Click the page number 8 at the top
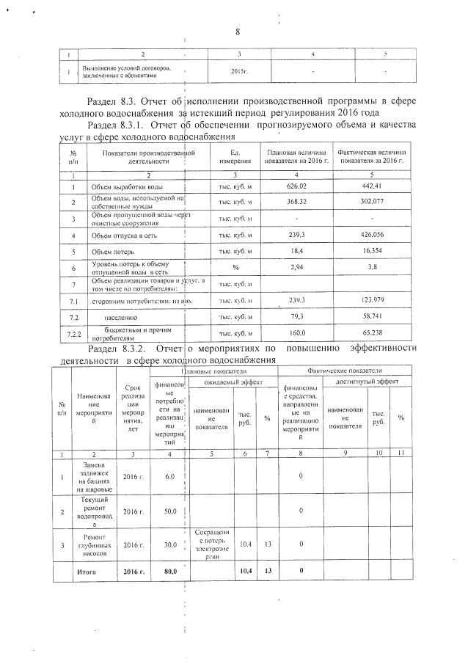(x=238, y=32)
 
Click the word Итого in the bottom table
(x=87, y=571)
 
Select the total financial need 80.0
(x=169, y=571)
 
